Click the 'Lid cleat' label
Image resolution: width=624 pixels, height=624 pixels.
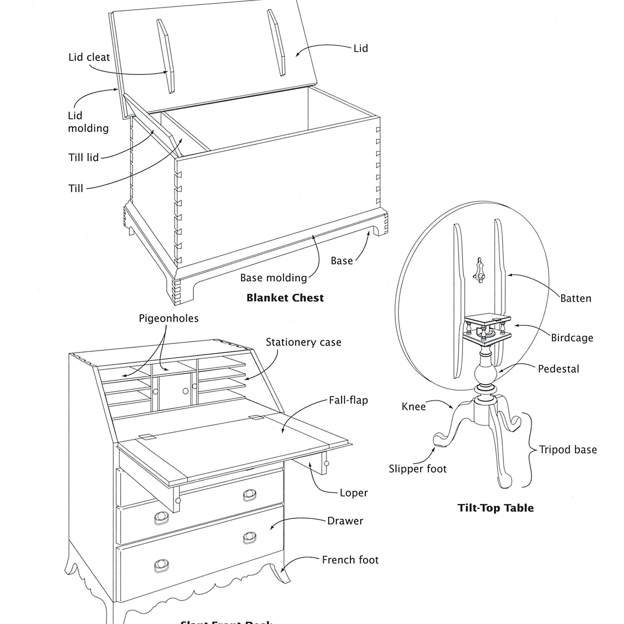coord(89,57)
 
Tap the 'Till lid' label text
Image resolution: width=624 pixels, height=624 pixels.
coord(83,158)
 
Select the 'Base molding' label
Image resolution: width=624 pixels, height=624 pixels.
coord(273,278)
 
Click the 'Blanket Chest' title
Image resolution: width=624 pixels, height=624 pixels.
coord(285,298)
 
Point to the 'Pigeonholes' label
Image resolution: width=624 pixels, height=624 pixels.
coord(168,319)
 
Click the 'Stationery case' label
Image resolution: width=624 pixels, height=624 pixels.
coord(303,342)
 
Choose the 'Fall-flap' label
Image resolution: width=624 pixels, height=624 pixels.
coord(348,400)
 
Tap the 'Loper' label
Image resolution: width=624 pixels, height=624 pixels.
coord(354,493)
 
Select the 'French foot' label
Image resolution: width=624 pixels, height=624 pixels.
coord(350,560)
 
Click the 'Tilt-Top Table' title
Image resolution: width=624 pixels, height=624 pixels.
coord(495,508)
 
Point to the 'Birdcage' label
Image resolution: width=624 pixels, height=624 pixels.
coord(572,338)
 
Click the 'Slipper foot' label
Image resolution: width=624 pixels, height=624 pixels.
coord(417,469)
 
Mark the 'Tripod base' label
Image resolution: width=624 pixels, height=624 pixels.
coord(568,450)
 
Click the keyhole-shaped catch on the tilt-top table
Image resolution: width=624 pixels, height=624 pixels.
coord(480,270)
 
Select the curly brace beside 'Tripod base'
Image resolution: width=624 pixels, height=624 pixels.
coord(528,450)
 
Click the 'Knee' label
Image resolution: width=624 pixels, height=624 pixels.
coord(414,407)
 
